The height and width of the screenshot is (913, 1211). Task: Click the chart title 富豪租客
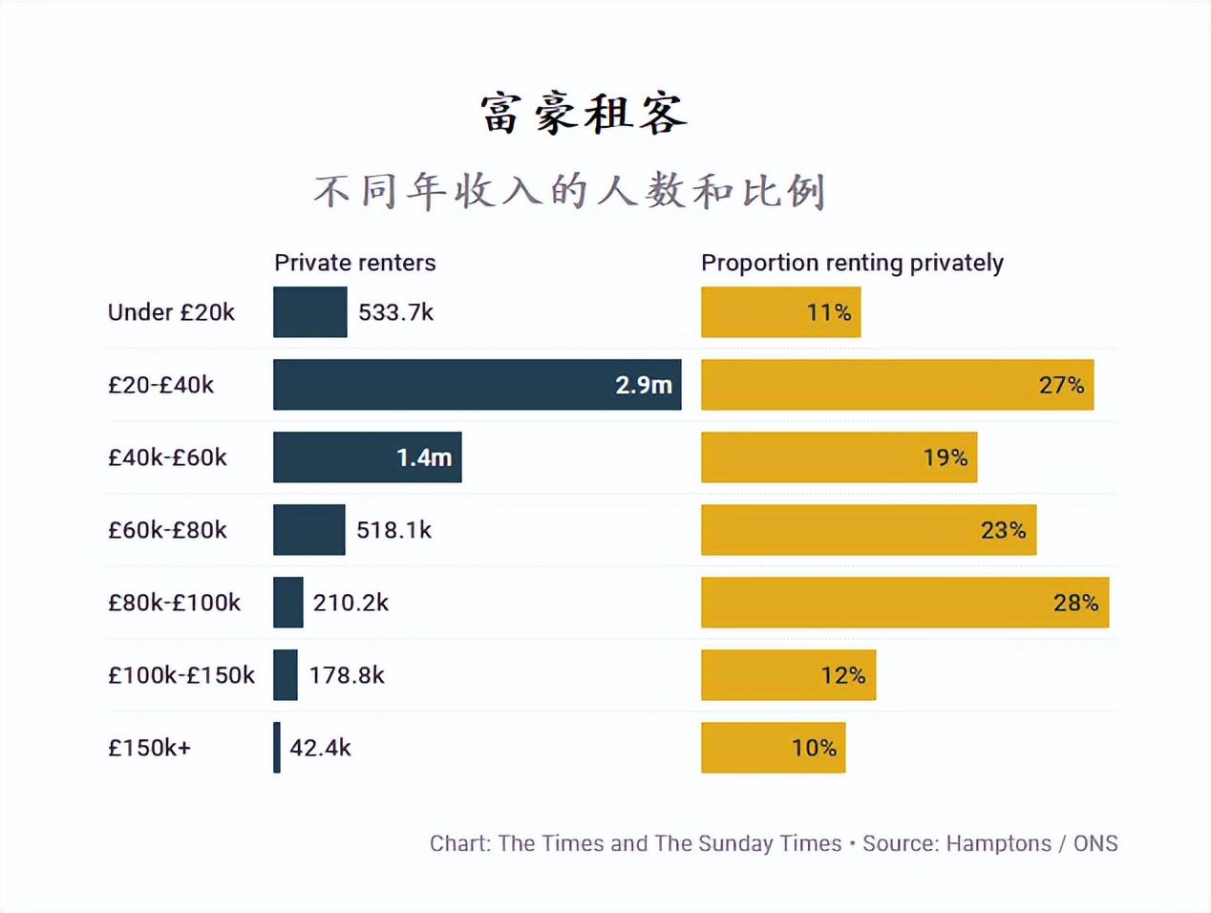tap(584, 114)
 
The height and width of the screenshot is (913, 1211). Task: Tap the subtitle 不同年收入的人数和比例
tap(569, 191)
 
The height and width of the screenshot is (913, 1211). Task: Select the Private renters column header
tap(354, 263)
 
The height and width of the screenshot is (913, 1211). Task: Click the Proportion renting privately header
tap(852, 263)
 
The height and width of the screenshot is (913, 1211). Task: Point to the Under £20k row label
tap(171, 312)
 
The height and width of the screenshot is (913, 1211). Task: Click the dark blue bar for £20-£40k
tap(439, 385)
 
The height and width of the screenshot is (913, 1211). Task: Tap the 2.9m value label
tap(643, 385)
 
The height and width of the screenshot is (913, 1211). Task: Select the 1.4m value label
tap(424, 457)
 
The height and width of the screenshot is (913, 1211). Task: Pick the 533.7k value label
tap(395, 312)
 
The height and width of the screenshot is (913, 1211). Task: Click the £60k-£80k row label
tap(167, 530)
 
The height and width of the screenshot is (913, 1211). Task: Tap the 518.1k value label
tap(393, 530)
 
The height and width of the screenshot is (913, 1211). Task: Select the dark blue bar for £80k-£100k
tap(287, 603)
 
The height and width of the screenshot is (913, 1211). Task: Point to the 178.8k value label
tap(346, 675)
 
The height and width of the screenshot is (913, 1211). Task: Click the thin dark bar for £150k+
tap(277, 748)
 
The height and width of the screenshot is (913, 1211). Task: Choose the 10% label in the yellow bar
tap(814, 748)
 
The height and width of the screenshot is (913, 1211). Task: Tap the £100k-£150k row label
tap(181, 675)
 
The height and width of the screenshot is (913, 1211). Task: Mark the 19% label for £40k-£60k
tap(945, 457)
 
